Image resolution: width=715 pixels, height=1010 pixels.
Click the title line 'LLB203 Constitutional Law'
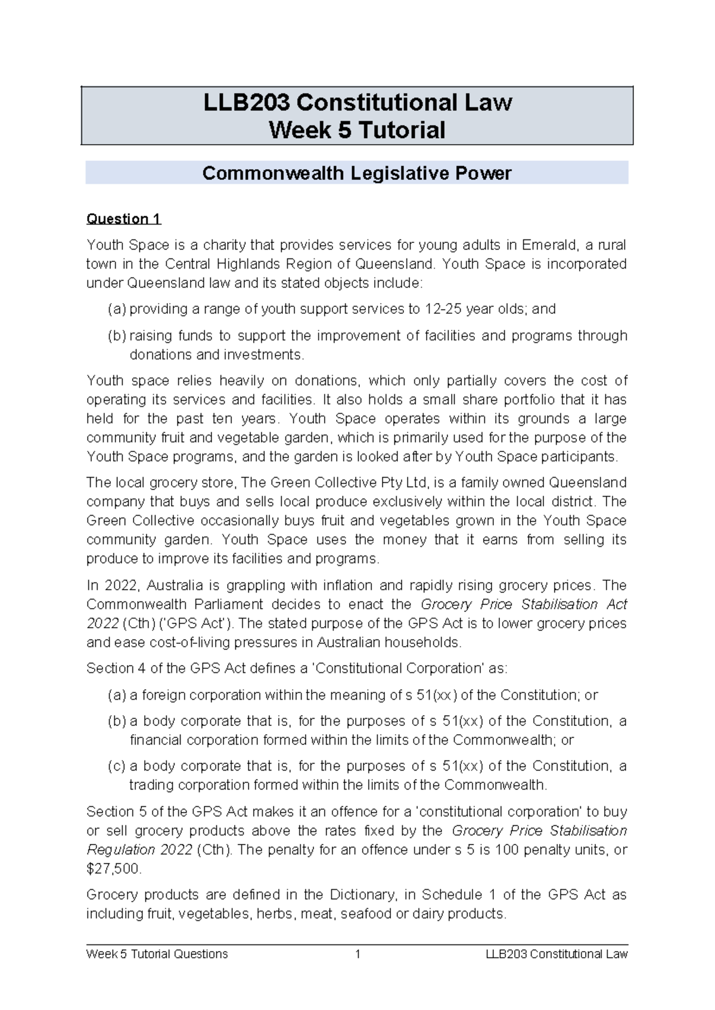click(357, 102)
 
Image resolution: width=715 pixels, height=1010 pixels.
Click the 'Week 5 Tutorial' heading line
click(357, 130)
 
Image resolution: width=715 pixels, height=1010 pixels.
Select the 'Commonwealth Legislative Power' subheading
click(356, 173)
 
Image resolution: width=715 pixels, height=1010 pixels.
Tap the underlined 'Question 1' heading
click(123, 219)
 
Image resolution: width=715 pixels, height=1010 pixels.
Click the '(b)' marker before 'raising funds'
click(117, 336)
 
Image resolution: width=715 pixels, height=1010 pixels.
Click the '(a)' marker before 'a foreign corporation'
click(117, 695)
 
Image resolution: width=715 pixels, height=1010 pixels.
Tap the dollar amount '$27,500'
click(113, 869)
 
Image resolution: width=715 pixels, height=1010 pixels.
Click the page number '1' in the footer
click(357, 954)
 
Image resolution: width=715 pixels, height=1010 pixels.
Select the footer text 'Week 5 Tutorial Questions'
click(157, 954)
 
